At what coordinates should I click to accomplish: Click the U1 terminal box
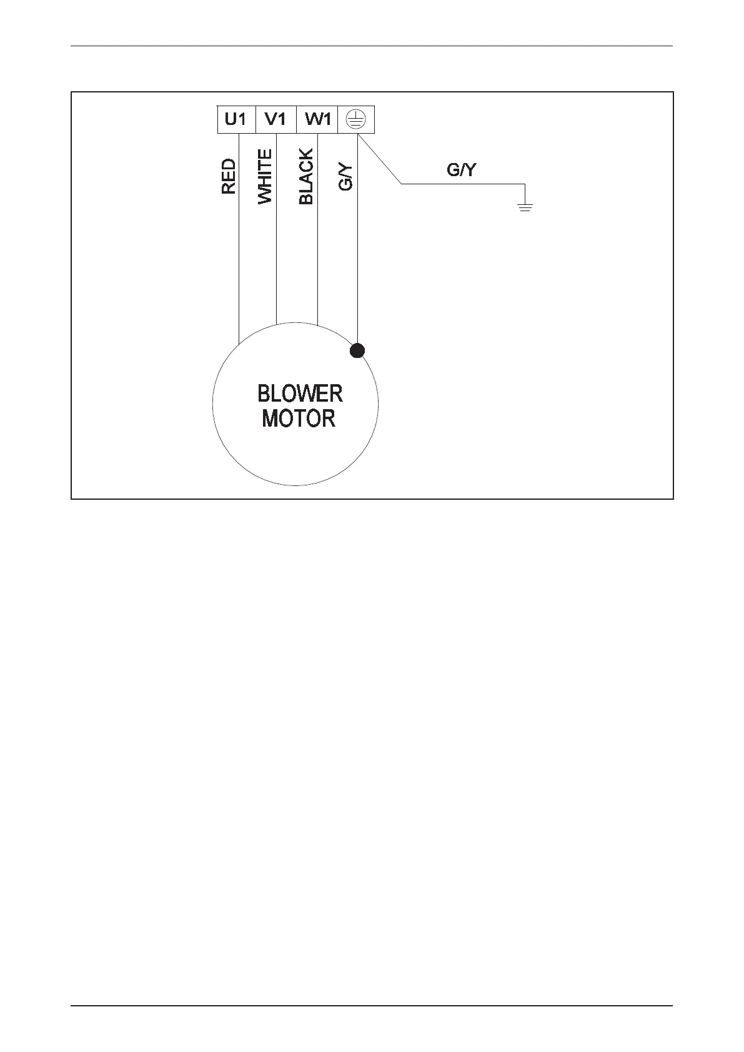pos(236,119)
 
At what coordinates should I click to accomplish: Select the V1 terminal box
pos(275,119)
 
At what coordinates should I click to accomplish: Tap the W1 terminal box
pos(317,119)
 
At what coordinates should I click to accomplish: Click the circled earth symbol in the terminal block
pos(356,119)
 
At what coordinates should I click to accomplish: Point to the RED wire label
pos(229,176)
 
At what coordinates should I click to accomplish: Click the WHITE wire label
pos(265,176)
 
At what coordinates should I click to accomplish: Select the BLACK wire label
pos(306,176)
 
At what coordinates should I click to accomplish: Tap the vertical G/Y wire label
pos(345,177)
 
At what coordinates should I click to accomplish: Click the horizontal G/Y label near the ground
pos(462,170)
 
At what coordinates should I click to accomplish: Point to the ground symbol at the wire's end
pos(525,206)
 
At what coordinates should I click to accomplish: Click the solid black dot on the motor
pos(357,351)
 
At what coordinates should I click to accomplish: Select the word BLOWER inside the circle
pos(300,394)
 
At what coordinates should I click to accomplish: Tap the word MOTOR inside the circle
pos(299,419)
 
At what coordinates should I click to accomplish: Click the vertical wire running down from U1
pos(239,269)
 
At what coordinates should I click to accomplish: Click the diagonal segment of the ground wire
pos(380,159)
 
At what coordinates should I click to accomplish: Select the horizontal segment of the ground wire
pos(462,184)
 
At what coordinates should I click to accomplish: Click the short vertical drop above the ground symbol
pos(525,193)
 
